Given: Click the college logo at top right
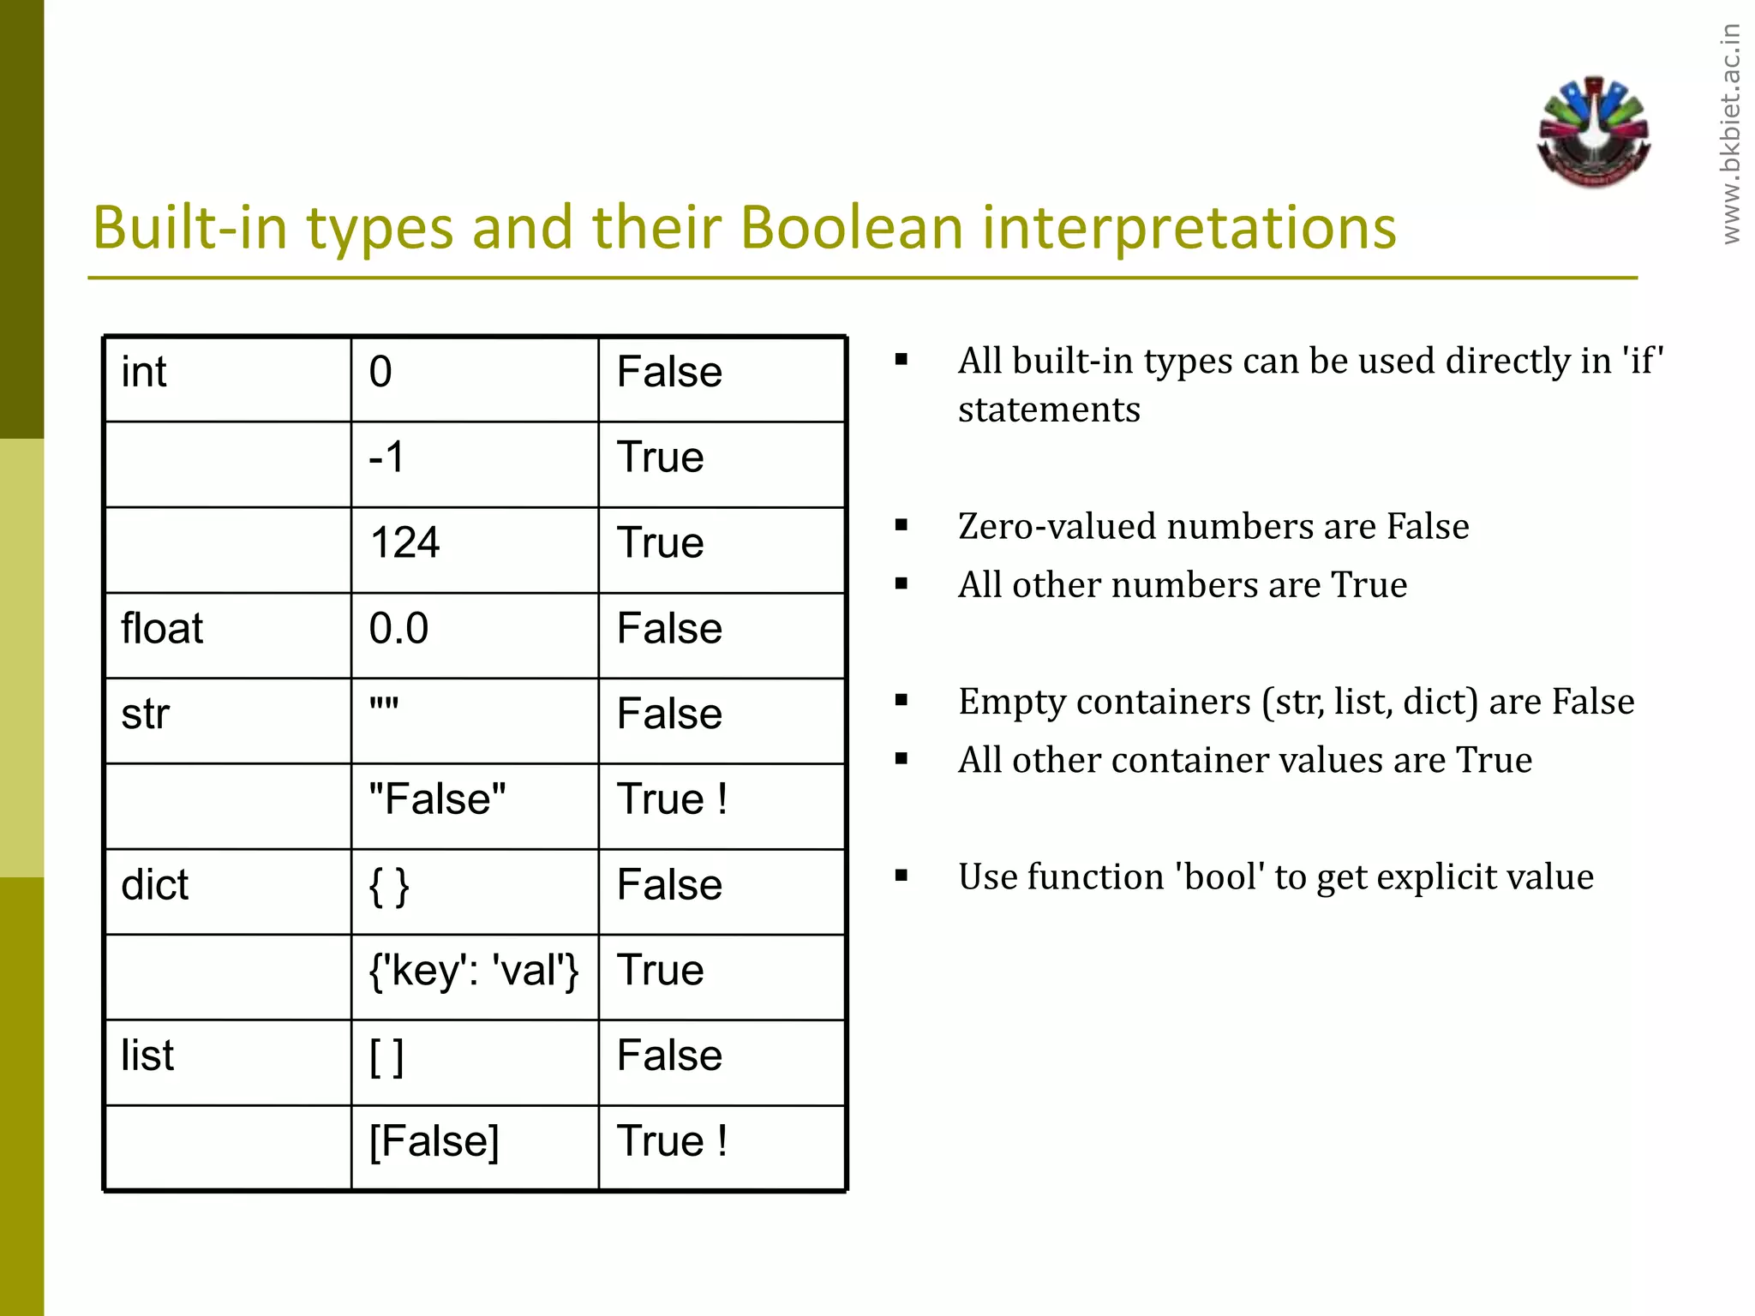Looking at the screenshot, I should tap(1593, 133).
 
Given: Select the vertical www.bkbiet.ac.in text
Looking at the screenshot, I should tap(1731, 133).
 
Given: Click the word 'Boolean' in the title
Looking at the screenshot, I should tap(852, 228).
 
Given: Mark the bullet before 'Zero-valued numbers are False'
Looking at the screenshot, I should tap(901, 525).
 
